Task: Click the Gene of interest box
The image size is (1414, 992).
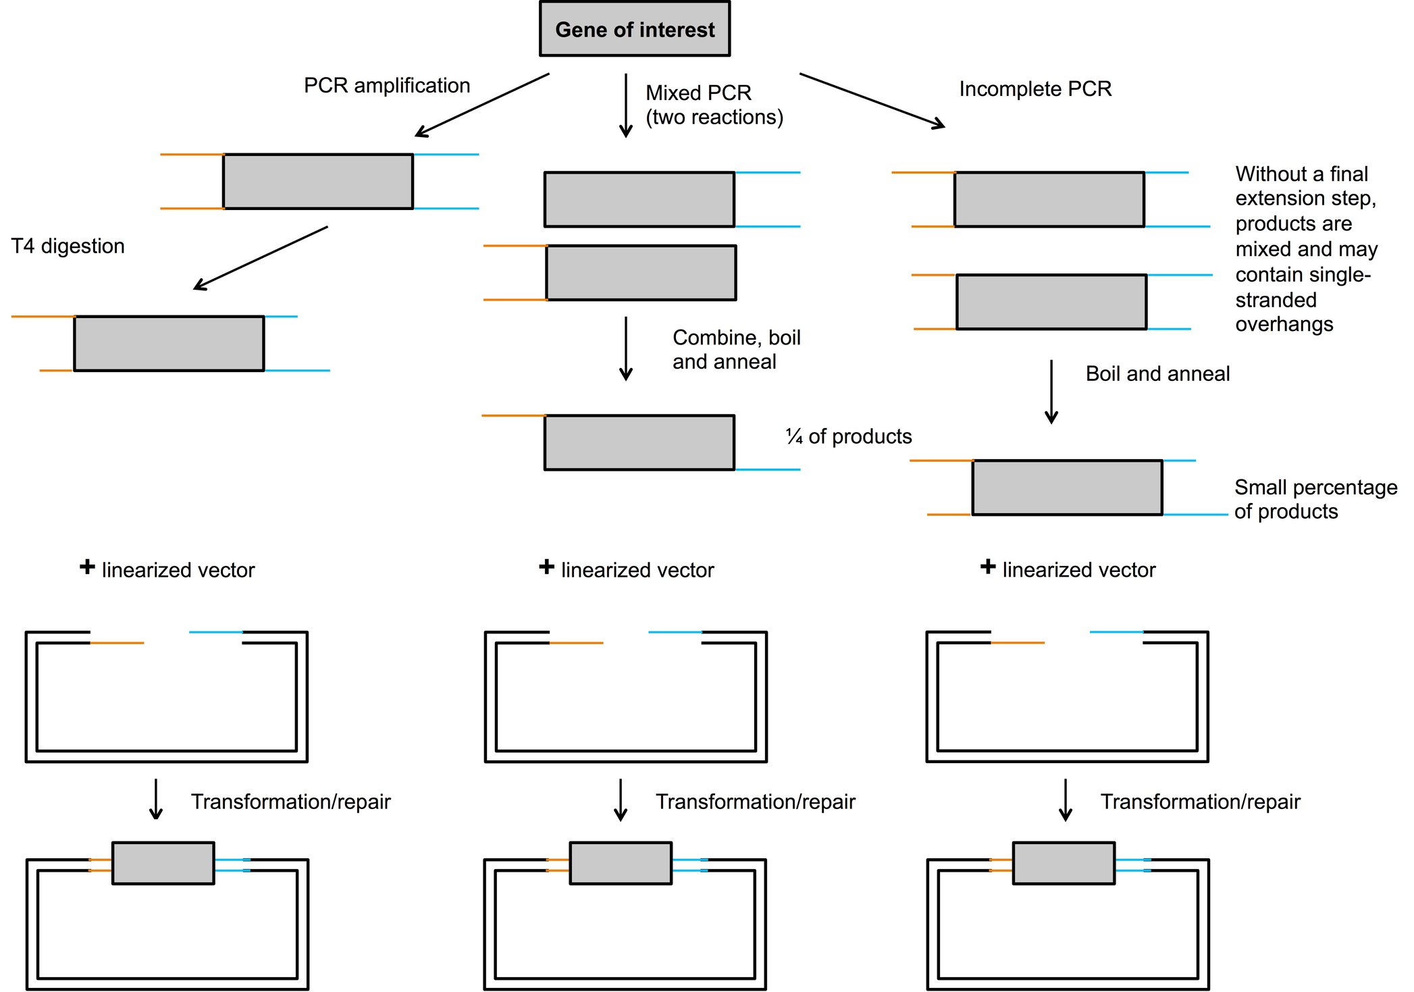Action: pos(634,29)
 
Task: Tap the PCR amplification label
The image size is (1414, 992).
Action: pos(386,86)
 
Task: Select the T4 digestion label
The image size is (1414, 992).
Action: pos(68,246)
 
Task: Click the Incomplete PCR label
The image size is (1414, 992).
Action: pos(1035,89)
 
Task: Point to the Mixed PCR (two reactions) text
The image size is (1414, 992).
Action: pos(714,105)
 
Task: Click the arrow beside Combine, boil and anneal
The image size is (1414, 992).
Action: pos(625,348)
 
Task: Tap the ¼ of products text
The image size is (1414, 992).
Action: pos(848,437)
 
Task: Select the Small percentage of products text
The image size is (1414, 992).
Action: pos(1315,499)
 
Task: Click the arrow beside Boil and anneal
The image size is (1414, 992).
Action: pos(1051,392)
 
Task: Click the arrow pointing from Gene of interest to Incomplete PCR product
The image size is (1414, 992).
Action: pos(871,100)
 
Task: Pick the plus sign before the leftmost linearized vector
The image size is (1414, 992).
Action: pos(87,567)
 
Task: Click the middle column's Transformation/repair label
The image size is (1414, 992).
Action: pos(755,802)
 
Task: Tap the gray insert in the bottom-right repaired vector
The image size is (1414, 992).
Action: pos(1063,862)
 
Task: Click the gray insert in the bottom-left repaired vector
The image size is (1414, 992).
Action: pos(163,862)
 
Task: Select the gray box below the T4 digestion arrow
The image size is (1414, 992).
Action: pos(169,343)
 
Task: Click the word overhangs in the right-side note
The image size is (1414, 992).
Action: pos(1284,325)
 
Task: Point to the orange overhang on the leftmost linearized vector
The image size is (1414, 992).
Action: pos(117,643)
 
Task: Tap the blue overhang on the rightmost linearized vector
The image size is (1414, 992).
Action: pos(1116,632)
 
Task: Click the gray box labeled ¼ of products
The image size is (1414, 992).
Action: pos(639,442)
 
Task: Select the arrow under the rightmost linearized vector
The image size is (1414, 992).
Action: pos(1065,800)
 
